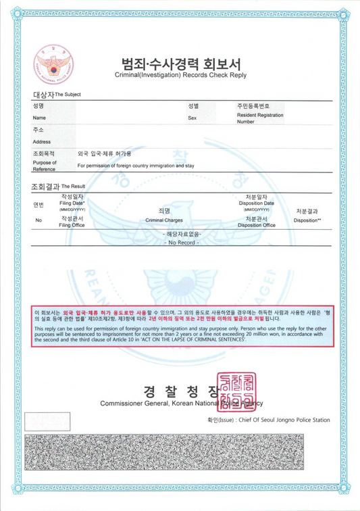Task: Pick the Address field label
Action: (x=42, y=142)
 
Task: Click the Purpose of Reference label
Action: (x=44, y=166)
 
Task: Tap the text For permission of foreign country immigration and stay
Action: (x=136, y=166)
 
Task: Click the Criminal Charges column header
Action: (x=164, y=220)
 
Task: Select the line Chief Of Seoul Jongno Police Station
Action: (x=269, y=420)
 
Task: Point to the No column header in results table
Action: (x=38, y=220)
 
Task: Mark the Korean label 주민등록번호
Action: (x=253, y=107)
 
